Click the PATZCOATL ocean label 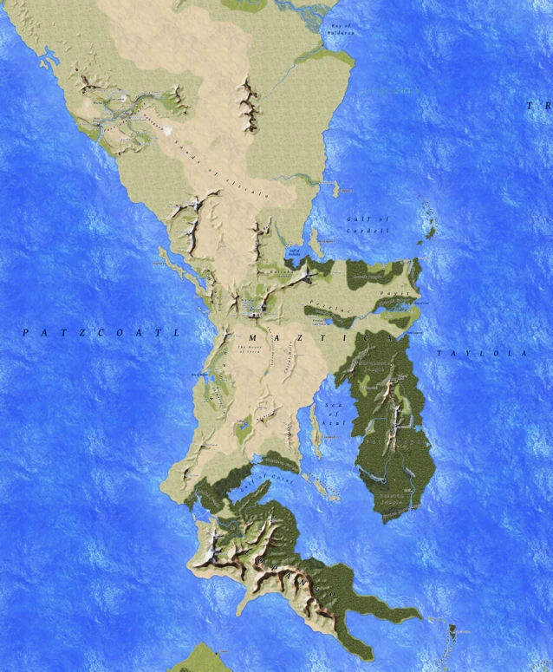click(100, 331)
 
